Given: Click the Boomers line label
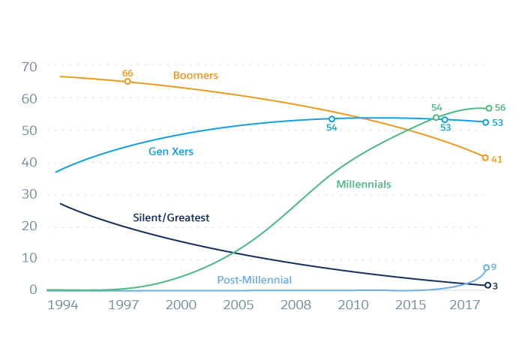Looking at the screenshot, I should pyautogui.click(x=195, y=76).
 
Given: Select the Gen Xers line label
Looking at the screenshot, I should pyautogui.click(x=170, y=151).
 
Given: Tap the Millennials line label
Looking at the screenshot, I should pyautogui.click(x=364, y=184).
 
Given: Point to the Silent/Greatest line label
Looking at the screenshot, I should pyautogui.click(x=170, y=217).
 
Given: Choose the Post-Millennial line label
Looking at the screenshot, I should pyautogui.click(x=254, y=280).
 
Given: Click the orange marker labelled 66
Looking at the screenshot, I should pyautogui.click(x=127, y=81).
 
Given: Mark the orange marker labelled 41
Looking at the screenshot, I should pyautogui.click(x=485, y=157).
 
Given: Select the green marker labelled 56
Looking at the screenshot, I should pyautogui.click(x=489, y=108).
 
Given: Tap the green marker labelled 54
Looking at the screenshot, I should pyautogui.click(x=436, y=117).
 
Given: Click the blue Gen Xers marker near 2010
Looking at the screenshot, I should pyautogui.click(x=331, y=118).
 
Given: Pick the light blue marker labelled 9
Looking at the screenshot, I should pyautogui.click(x=486, y=268).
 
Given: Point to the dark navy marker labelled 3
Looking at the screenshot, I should pyautogui.click(x=487, y=285).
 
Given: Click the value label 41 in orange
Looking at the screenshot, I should pyautogui.click(x=496, y=159).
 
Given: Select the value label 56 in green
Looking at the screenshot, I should pyautogui.click(x=500, y=108).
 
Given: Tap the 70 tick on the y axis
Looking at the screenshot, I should pyautogui.click(x=29, y=67).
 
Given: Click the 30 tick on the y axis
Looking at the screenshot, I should pyautogui.click(x=29, y=195).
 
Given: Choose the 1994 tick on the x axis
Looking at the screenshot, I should pyautogui.click(x=64, y=305).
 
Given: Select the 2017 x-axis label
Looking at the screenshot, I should pyautogui.click(x=466, y=305).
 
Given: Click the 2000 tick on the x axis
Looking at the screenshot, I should pyautogui.click(x=181, y=305).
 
